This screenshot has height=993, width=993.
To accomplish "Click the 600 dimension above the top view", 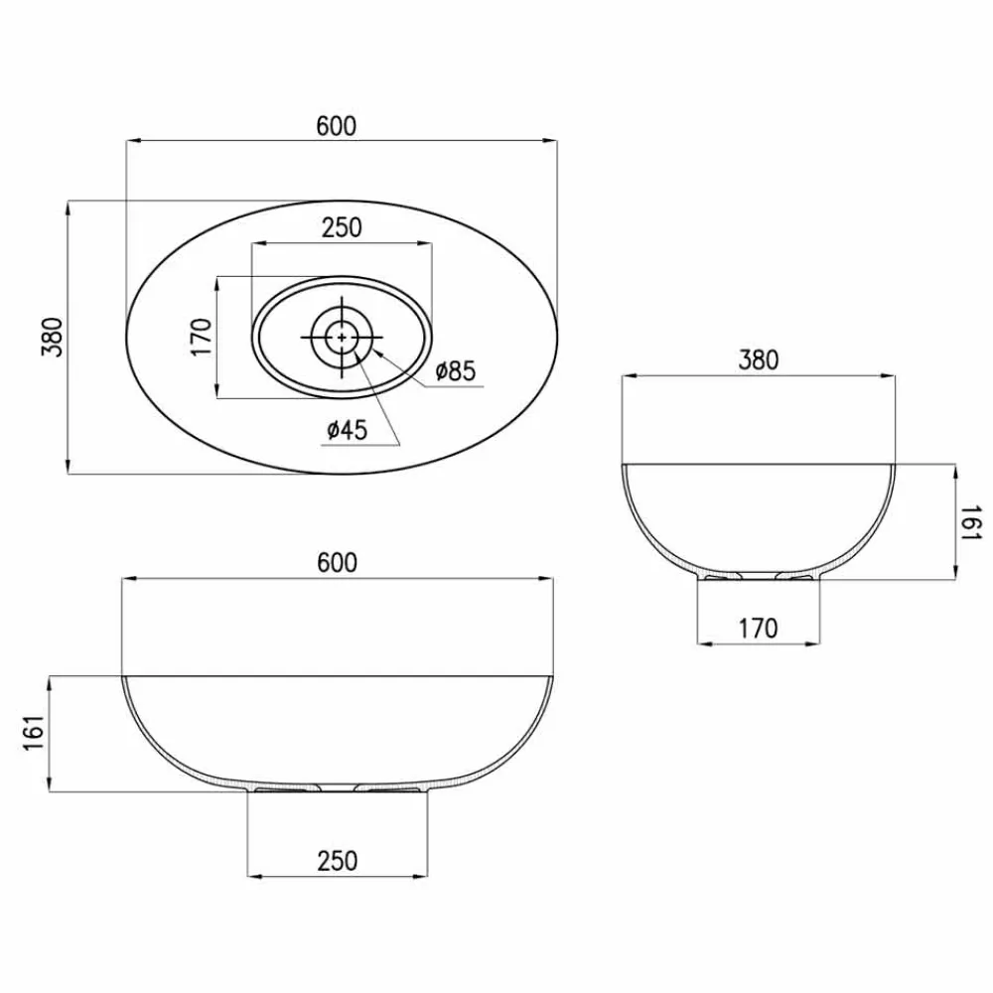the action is (337, 126).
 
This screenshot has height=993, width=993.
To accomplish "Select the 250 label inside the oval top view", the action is (342, 227).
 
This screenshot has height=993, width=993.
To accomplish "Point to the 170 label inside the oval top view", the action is (202, 338).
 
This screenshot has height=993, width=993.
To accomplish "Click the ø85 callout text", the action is (456, 370).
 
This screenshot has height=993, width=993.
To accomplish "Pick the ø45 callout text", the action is (347, 430).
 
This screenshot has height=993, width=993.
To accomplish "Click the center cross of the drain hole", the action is (342, 337).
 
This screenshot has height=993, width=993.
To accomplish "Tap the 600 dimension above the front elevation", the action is (337, 562).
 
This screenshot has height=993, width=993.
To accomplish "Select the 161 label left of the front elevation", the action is (34, 734).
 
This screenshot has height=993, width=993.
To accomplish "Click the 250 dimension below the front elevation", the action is (337, 861).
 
